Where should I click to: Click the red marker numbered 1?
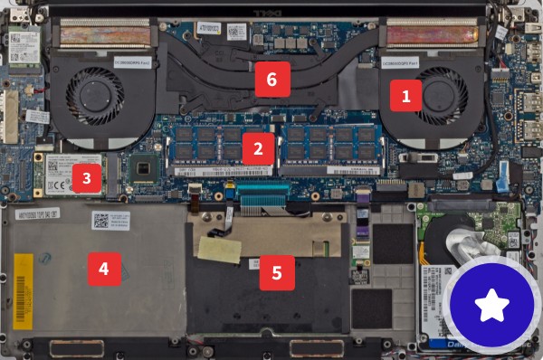point(405,94)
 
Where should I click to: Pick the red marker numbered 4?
point(103,269)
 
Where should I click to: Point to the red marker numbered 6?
point(272,80)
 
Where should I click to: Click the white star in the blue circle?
point(493,307)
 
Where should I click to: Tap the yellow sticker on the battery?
point(25,277)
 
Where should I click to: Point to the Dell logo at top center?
point(272,10)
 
